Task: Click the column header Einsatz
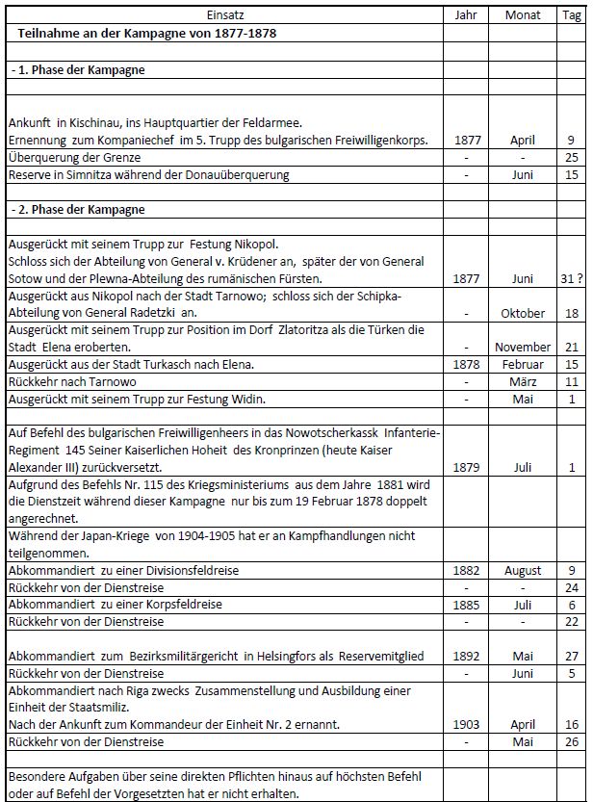(224, 15)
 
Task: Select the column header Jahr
(466, 15)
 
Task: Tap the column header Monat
(523, 15)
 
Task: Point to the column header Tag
(571, 15)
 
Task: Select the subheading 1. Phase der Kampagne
(77, 70)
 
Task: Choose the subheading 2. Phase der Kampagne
(77, 209)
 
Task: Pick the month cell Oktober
(523, 313)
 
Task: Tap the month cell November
(523, 347)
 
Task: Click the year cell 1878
(466, 364)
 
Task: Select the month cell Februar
(523, 364)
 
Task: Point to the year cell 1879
(466, 467)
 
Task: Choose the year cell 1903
(466, 724)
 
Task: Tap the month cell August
(523, 570)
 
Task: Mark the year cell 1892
(466, 656)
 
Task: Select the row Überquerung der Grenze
(74, 157)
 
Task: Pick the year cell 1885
(466, 605)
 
